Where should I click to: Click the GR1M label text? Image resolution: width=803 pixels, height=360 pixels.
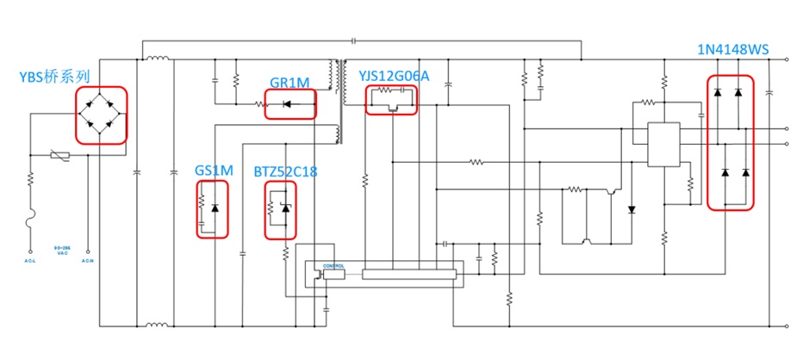point(289,83)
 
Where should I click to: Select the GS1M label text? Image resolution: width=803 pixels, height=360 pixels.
point(214,171)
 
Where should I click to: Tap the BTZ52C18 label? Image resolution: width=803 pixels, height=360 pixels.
point(285,172)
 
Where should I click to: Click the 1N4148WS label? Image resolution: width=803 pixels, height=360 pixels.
point(732,50)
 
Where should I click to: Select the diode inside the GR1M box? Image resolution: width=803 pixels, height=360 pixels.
point(288,105)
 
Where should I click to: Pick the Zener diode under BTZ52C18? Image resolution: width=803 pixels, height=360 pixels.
point(286,209)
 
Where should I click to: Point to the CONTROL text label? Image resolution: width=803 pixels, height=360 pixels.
point(333,266)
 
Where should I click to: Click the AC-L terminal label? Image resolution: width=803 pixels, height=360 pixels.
point(31,260)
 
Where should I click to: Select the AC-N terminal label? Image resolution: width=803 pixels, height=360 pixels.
point(87,260)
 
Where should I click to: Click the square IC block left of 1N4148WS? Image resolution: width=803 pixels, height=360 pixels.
point(663,145)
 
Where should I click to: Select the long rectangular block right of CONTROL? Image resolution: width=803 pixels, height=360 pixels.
point(407,274)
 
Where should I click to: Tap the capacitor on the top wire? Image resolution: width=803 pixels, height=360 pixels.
point(353,40)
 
